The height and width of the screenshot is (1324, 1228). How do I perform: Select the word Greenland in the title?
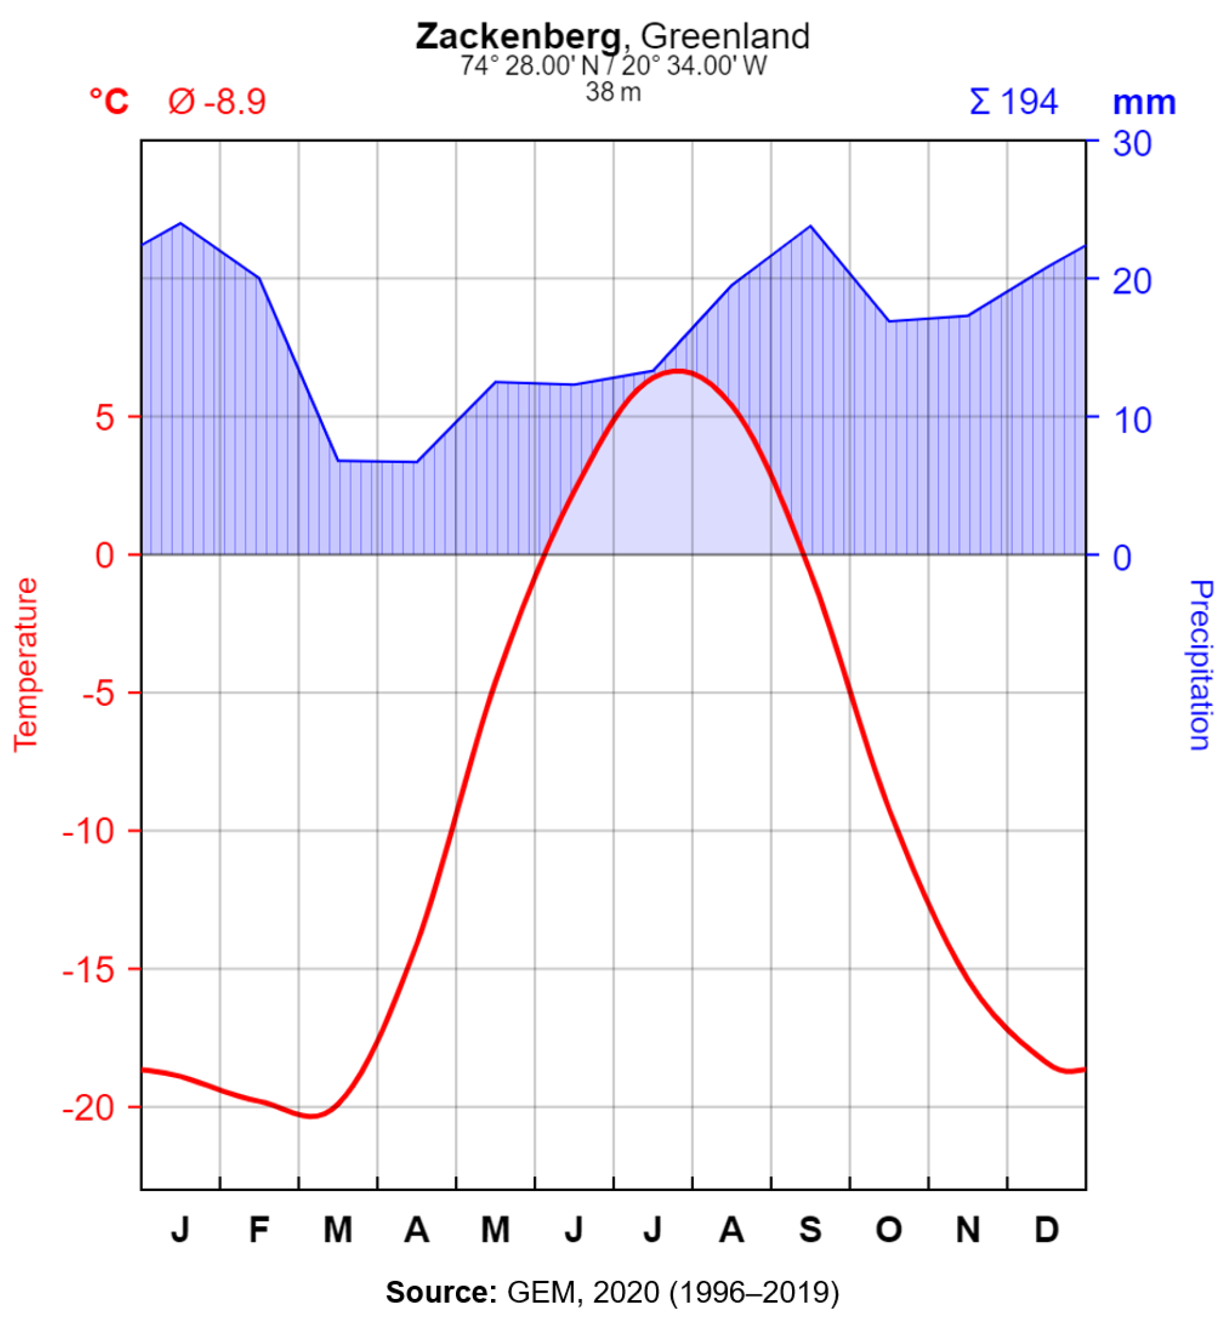click(725, 36)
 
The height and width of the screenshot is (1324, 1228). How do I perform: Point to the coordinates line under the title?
click(613, 66)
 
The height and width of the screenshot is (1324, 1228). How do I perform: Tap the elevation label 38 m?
click(613, 92)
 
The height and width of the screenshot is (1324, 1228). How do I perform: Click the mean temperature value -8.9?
click(235, 102)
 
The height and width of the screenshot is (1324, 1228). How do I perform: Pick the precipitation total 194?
click(1029, 102)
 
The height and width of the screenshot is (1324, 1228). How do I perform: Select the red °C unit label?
click(109, 102)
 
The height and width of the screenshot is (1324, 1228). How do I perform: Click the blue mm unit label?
click(1144, 103)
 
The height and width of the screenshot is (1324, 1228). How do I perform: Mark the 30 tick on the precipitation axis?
click(1131, 144)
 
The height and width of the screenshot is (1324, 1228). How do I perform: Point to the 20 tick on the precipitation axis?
click(1131, 281)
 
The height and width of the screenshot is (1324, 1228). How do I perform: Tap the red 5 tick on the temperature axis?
click(105, 418)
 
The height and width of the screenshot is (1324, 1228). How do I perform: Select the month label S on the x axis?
click(810, 1230)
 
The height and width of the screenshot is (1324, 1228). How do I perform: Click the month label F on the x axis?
click(259, 1230)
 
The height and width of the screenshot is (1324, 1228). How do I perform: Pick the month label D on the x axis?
click(1047, 1230)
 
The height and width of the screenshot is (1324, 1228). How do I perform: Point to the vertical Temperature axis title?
click(26, 665)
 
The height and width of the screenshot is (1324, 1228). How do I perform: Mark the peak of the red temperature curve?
click(678, 370)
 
